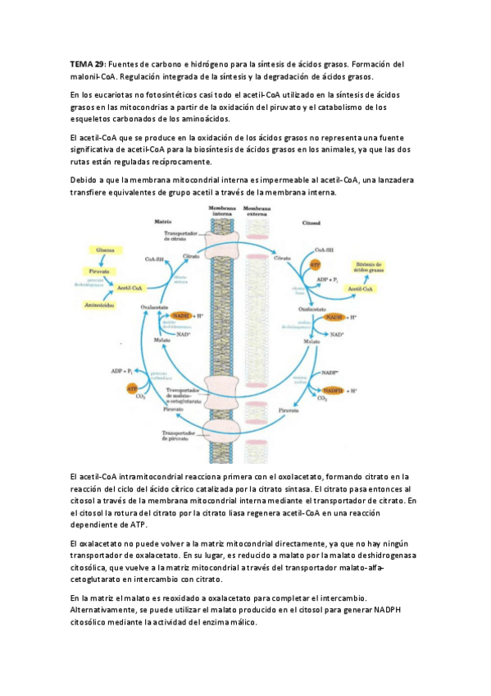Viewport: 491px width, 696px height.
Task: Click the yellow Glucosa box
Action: coord(104,250)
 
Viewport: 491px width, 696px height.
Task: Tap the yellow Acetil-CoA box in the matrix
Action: coord(131,287)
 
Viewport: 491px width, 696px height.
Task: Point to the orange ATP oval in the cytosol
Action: coord(315,264)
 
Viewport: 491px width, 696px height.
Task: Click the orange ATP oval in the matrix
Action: coord(132,387)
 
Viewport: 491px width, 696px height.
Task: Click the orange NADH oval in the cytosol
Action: coord(334,317)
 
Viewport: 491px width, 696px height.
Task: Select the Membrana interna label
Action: coord(221,211)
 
